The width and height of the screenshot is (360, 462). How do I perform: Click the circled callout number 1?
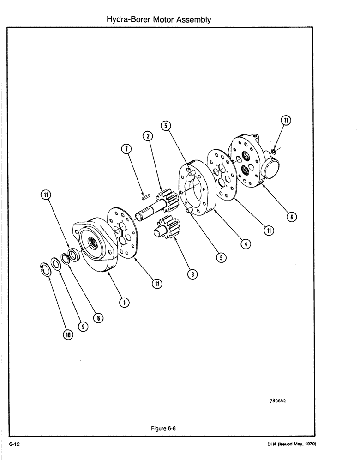tap(123, 302)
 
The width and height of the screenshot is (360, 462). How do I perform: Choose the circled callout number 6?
tap(291, 217)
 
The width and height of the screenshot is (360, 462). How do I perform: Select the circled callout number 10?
tap(68, 335)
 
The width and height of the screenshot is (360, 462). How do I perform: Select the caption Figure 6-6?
tap(163, 428)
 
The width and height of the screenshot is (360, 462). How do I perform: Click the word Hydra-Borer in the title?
tap(124, 19)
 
